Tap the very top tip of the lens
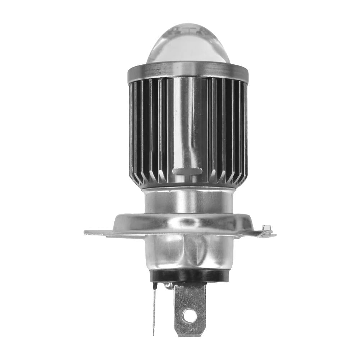click(x=188, y=24)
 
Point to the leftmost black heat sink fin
click(x=132, y=129)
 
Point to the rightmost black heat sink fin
click(x=245, y=129)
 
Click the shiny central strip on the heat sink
click(x=187, y=126)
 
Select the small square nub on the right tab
click(x=266, y=228)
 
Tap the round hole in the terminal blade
click(x=190, y=316)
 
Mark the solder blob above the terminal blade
click(x=168, y=286)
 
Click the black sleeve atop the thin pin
click(x=155, y=286)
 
